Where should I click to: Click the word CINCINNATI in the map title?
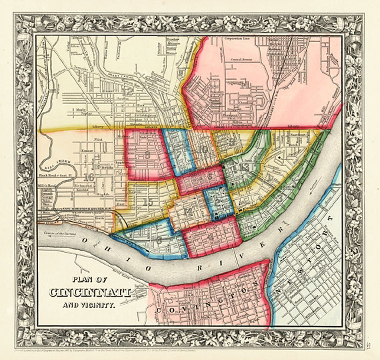pyautogui.click(x=90, y=292)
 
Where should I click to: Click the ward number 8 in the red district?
pyautogui.click(x=148, y=155)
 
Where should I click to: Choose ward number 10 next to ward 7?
pyautogui.click(x=203, y=150)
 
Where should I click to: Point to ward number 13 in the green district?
pyautogui.click(x=243, y=168)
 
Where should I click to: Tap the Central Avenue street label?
pyautogui.click(x=241, y=59)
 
